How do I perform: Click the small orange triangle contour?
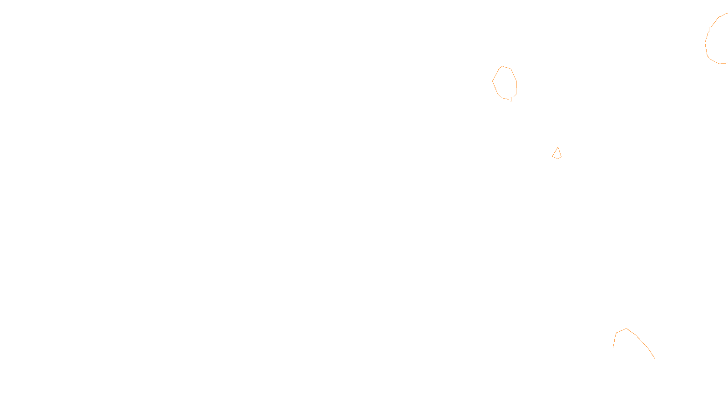557,154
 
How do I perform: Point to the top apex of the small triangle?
558,147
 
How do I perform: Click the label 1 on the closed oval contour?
511,100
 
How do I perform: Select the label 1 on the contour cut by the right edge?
709,30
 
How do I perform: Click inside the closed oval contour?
504,83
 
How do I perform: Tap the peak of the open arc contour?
627,329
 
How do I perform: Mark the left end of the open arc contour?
613,347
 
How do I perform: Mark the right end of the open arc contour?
655,359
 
